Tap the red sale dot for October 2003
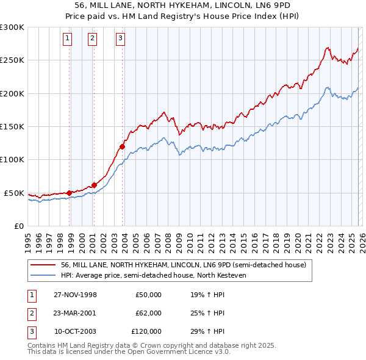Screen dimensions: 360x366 click(x=123, y=146)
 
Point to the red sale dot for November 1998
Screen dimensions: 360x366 click(x=70, y=193)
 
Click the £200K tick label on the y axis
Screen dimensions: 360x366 click(x=12, y=93)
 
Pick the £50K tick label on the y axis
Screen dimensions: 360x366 click(x=15, y=193)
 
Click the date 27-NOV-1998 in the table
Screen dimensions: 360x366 click(x=75, y=295)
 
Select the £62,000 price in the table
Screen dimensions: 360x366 click(x=148, y=313)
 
